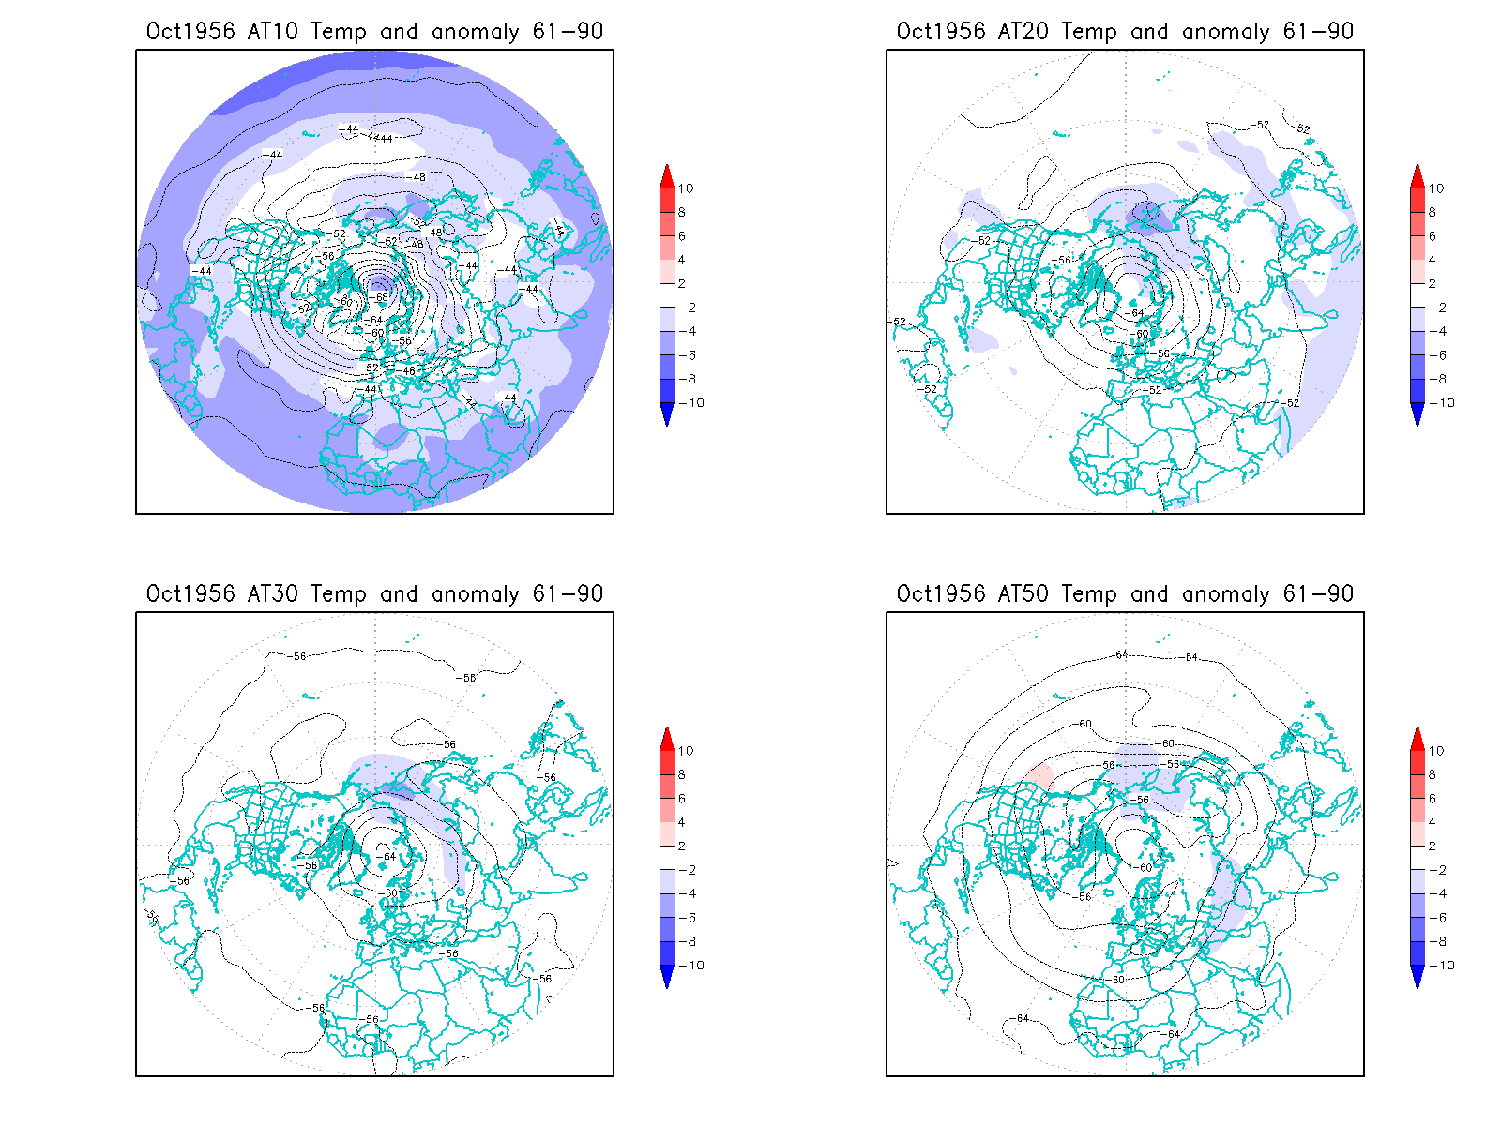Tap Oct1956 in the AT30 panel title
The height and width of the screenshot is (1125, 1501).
(190, 593)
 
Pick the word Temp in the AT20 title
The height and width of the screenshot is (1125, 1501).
(1088, 31)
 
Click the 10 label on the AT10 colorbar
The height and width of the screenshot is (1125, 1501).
(686, 188)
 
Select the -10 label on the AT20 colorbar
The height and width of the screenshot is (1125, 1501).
(1444, 403)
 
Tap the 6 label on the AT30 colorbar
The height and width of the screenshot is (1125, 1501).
(682, 799)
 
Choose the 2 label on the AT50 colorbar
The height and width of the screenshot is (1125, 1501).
(1433, 846)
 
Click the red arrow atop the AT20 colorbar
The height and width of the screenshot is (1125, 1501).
(1418, 175)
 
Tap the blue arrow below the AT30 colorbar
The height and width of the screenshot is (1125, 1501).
(667, 977)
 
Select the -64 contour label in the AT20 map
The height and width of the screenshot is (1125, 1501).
(1136, 313)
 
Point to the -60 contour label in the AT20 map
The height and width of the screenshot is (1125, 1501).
(1141, 334)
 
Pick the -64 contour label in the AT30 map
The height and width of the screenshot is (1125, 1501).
(387, 857)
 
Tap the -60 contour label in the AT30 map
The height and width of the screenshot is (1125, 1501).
(390, 893)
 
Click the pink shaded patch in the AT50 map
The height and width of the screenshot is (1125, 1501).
(1039, 775)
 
